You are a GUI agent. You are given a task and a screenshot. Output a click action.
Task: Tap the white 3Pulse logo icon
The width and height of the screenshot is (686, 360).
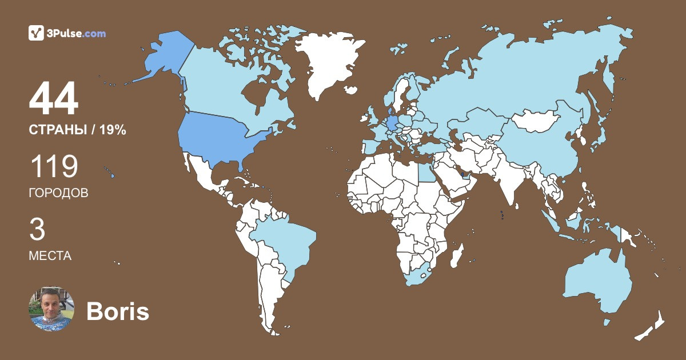[36, 33]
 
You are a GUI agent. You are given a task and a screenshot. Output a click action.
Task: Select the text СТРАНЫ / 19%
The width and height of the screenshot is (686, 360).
[77, 130]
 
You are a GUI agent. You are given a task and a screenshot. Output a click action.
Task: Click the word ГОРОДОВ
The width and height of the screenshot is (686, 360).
[58, 193]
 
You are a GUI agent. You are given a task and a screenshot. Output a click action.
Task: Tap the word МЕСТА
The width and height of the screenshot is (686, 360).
[50, 256]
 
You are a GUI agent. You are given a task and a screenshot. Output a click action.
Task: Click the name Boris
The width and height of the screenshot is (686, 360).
[117, 311]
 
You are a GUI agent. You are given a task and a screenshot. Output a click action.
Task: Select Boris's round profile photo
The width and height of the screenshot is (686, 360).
[51, 309]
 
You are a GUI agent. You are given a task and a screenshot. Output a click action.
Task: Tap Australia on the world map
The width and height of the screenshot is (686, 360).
[597, 280]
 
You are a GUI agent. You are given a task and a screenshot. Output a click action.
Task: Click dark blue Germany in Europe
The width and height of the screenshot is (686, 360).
[393, 123]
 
